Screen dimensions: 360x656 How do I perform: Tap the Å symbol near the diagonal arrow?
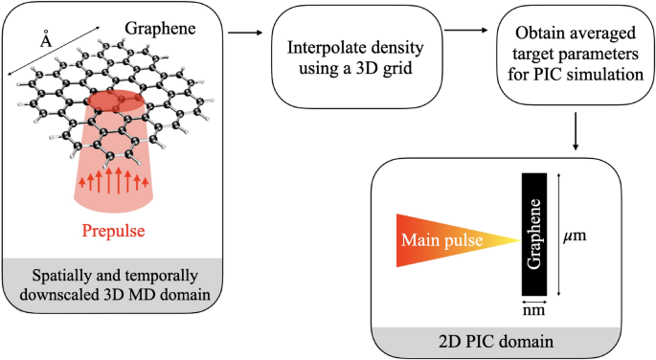click(44, 40)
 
